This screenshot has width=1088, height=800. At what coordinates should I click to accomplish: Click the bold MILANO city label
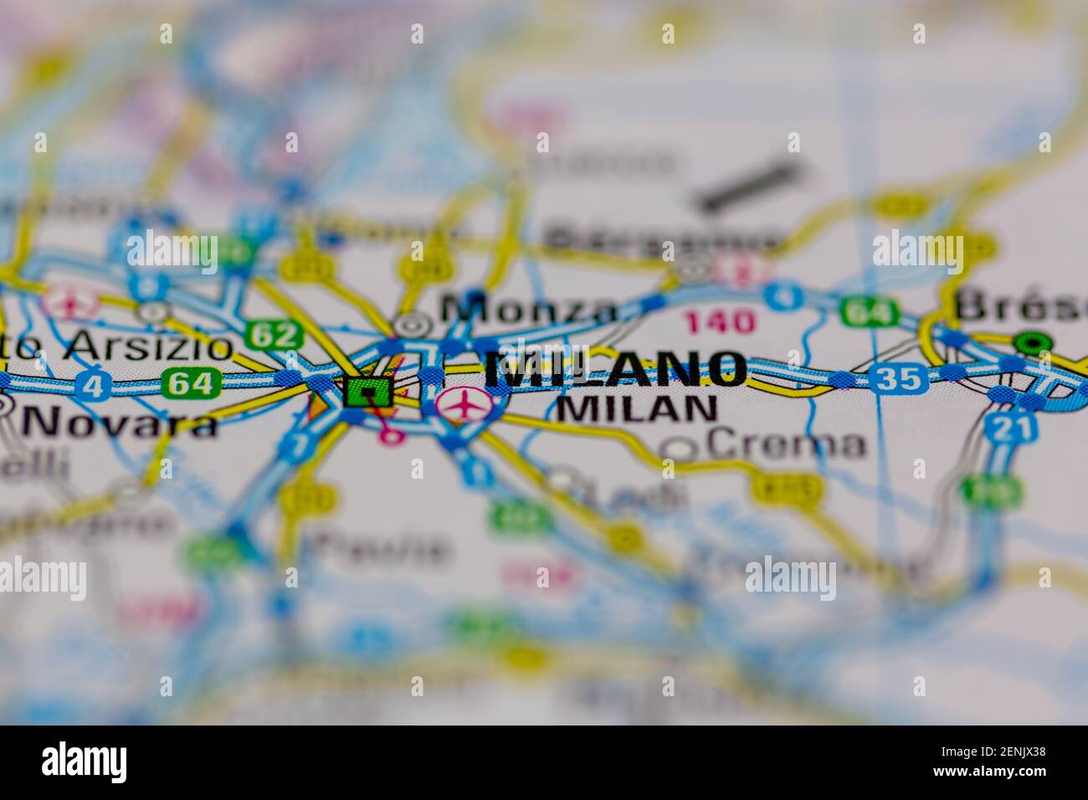pyautogui.click(x=615, y=369)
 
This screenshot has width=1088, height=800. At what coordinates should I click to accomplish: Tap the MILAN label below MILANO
pyautogui.click(x=636, y=408)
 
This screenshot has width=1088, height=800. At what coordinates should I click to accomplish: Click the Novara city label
pyautogui.click(x=120, y=423)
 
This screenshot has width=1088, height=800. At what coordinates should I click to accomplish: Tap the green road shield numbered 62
pyautogui.click(x=275, y=336)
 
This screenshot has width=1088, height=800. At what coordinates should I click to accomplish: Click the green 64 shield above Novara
pyautogui.click(x=192, y=384)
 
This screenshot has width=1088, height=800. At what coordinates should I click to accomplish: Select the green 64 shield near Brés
pyautogui.click(x=869, y=311)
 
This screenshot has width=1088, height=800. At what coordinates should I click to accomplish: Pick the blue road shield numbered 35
pyautogui.click(x=898, y=379)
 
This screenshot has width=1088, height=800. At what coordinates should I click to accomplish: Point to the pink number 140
pyautogui.click(x=720, y=321)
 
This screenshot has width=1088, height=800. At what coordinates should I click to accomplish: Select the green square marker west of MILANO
pyautogui.click(x=367, y=390)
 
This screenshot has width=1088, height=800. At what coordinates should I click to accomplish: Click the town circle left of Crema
pyautogui.click(x=679, y=449)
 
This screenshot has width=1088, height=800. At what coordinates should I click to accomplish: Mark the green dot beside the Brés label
pyautogui.click(x=1034, y=342)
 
